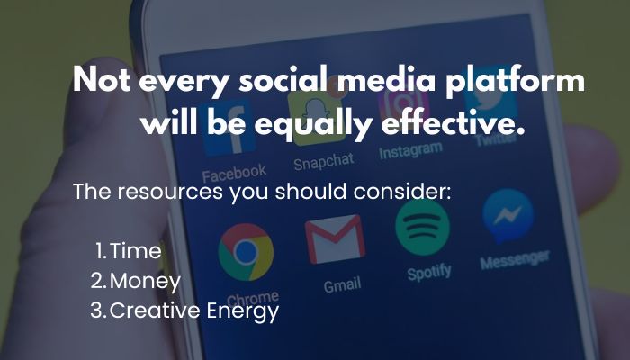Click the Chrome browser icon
[246, 252]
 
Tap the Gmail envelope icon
[335, 239]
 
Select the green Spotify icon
[422, 227]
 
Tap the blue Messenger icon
[508, 216]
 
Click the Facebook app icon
[229, 130]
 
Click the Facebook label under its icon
[234, 174]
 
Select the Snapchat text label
[324, 161]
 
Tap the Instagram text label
[410, 150]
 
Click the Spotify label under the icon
[429, 273]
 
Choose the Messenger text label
[515, 259]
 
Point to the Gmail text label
[342, 285]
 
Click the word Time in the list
[135, 251]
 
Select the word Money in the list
[145, 281]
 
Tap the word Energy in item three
[243, 311]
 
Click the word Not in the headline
[102, 79]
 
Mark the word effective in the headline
[454, 121]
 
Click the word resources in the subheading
[170, 191]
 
